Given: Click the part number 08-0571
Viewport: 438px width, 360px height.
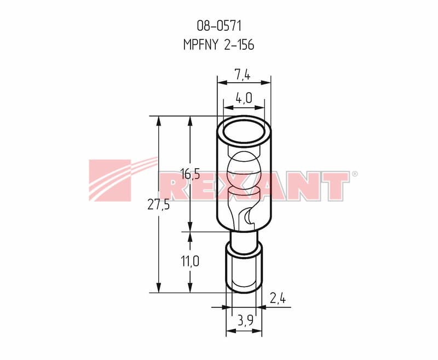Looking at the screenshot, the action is tap(219, 26).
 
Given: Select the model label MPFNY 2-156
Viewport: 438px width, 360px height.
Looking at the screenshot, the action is tap(218, 44).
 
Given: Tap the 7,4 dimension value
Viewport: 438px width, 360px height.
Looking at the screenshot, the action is tap(242, 75).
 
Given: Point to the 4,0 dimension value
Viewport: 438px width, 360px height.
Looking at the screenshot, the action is tap(244, 98).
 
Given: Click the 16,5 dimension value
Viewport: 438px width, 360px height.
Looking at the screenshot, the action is tap(190, 174).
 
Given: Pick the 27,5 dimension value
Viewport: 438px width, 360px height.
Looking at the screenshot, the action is tap(159, 205).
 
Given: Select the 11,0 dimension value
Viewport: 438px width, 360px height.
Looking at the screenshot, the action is tap(190, 261).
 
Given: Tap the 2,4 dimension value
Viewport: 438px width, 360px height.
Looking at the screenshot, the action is tap(278, 299).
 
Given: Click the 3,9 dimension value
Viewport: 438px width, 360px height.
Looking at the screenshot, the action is tap(245, 321).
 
